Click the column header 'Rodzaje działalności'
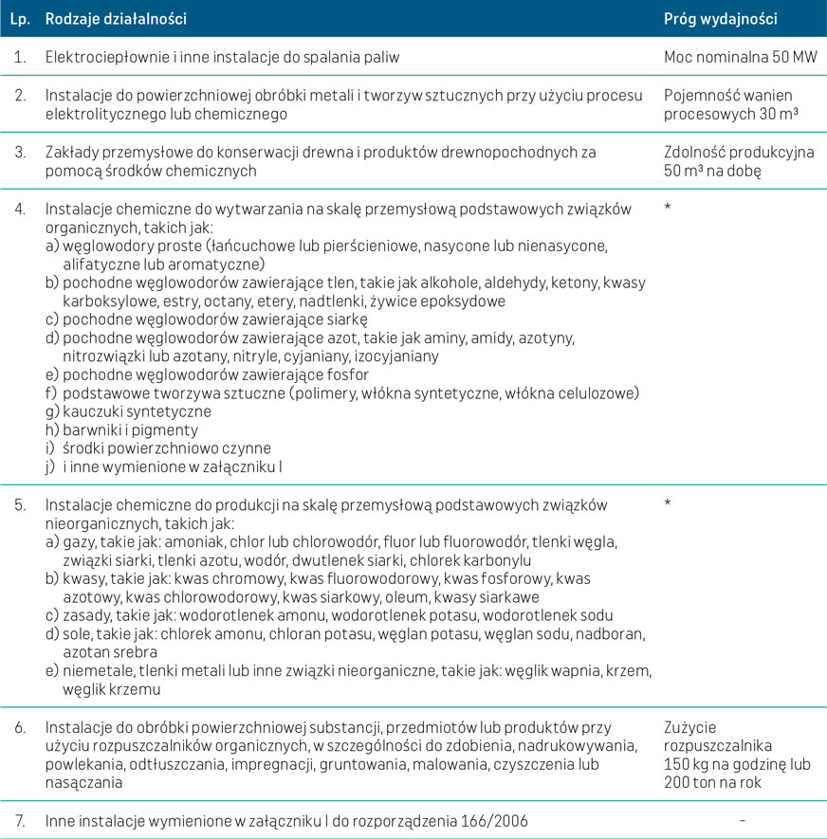point(116,18)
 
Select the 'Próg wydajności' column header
point(722,18)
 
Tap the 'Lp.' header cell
point(19,18)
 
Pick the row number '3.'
point(19,152)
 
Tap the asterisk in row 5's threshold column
point(669,503)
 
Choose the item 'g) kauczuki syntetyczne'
point(128,412)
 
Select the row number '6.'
point(19,727)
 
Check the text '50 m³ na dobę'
point(713,170)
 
